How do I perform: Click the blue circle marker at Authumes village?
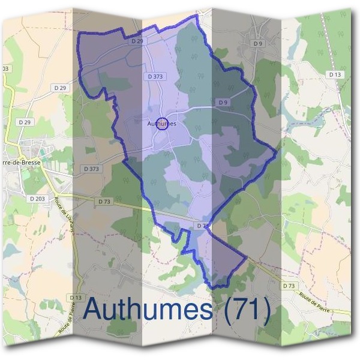click(161, 124)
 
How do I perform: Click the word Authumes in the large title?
click(147, 310)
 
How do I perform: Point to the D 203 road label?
click(37, 197)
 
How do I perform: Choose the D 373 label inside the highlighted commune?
click(155, 77)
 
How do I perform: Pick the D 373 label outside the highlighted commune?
click(90, 169)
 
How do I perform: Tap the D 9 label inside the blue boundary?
click(223, 103)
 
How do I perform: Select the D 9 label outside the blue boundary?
click(258, 43)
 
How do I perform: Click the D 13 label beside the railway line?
click(335, 74)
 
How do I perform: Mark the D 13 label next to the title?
click(75, 298)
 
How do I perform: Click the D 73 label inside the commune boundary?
click(202, 226)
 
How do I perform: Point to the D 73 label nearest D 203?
click(104, 202)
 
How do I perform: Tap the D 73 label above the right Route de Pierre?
click(289, 286)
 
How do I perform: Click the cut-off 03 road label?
click(5, 69)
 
